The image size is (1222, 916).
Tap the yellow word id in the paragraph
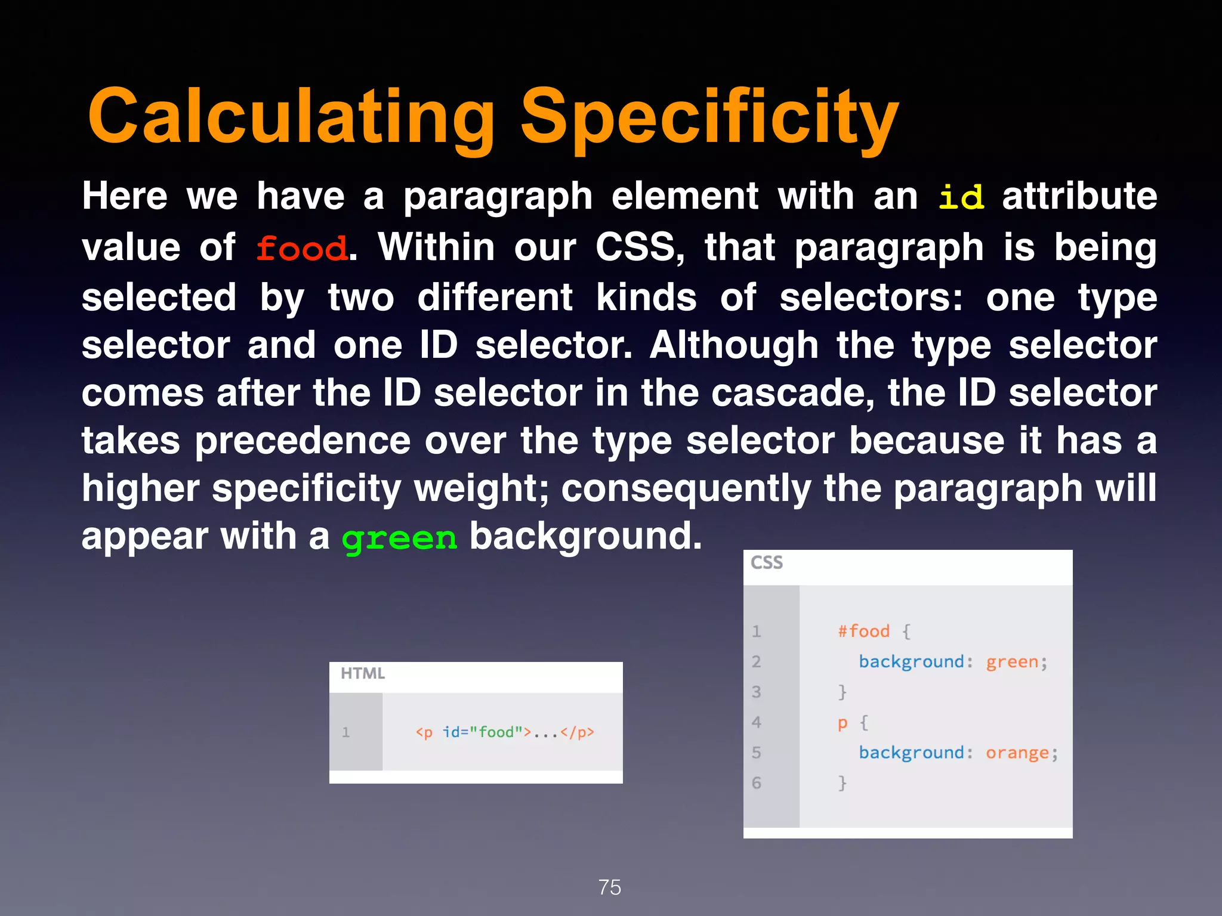pyautogui.click(x=961, y=197)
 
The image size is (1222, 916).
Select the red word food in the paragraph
pyautogui.click(x=301, y=248)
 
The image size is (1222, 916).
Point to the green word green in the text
pyautogui.click(x=399, y=538)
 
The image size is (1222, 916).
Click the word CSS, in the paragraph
pyautogui.click(x=640, y=247)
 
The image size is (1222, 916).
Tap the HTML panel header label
pyautogui.click(x=363, y=673)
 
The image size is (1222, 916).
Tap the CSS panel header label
pyautogui.click(x=766, y=562)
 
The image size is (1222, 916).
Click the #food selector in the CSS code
pyautogui.click(x=863, y=631)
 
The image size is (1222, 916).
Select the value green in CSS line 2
pyautogui.click(x=1012, y=661)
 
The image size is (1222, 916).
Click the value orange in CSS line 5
pyautogui.click(x=1017, y=753)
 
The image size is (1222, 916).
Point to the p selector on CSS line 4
pyautogui.click(x=842, y=723)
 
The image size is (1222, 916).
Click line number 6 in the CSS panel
pyautogui.click(x=757, y=782)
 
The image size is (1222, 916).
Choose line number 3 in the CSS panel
pyautogui.click(x=757, y=692)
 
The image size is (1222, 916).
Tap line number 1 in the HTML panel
pyautogui.click(x=345, y=732)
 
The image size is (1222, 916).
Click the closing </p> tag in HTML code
pyautogui.click(x=577, y=732)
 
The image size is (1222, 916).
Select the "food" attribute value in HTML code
pyautogui.click(x=496, y=732)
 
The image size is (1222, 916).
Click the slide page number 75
pyautogui.click(x=610, y=887)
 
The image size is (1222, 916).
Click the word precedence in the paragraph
pyautogui.click(x=303, y=441)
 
